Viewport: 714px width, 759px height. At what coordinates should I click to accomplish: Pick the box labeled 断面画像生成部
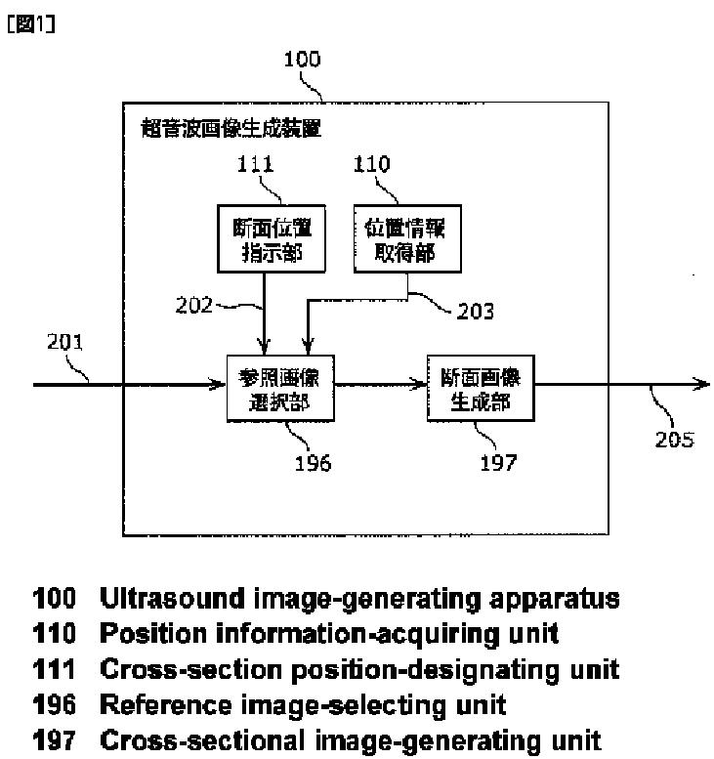coord(481,387)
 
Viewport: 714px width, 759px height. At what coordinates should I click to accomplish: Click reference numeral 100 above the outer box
coord(301,60)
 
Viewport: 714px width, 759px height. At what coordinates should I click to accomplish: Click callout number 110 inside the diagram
coord(370,165)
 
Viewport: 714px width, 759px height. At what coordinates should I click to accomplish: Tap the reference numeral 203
coord(475,312)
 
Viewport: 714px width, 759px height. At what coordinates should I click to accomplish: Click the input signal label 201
coord(65,342)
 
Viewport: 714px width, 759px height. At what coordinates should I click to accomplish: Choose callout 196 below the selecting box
coord(313,462)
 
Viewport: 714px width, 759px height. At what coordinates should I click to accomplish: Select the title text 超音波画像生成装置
coord(231,129)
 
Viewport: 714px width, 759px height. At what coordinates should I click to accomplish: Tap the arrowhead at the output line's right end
coord(701,385)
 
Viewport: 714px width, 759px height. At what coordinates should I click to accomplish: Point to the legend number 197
coord(55,739)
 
